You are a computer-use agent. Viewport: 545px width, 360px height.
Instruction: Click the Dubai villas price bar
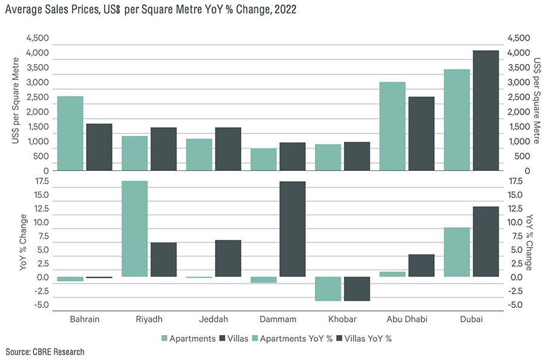pos(485,110)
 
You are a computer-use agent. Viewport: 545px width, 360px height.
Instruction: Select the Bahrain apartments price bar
pos(70,133)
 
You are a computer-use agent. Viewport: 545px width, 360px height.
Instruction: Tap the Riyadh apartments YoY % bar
pos(134,228)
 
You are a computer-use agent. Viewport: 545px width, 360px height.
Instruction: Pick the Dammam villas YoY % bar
pos(292,229)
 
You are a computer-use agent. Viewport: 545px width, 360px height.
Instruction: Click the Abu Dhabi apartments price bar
pos(392,126)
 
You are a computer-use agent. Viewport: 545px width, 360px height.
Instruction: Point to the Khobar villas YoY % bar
pos(357,288)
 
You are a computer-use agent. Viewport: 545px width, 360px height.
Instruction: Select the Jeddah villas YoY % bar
pos(228,258)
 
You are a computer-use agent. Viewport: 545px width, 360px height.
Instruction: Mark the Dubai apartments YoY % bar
pos(457,252)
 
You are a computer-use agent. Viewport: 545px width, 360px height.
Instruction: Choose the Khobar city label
pos(342,319)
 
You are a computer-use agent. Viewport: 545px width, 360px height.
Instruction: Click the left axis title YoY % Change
pos(22,241)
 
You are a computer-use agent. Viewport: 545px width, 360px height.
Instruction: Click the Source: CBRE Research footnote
pos(45,352)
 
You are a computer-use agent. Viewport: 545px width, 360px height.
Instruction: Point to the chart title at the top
pos(150,10)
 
